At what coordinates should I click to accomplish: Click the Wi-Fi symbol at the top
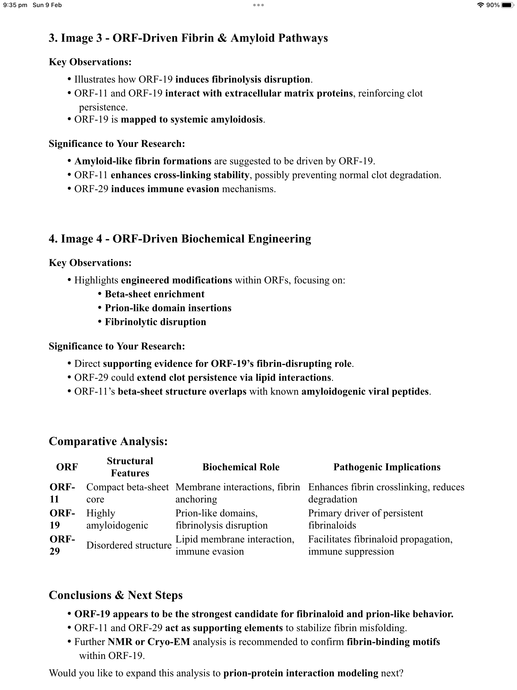click(480, 5)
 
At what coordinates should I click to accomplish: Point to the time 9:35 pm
click(15, 5)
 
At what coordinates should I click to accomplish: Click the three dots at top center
click(258, 5)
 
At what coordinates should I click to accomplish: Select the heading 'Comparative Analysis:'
click(108, 441)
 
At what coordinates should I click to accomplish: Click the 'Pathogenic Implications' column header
click(387, 467)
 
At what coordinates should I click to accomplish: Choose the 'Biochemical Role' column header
click(241, 467)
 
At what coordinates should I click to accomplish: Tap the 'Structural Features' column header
click(130, 467)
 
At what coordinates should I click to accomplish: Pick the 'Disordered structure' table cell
click(129, 545)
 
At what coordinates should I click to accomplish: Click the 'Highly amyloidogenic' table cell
click(117, 519)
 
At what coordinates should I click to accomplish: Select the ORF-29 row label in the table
click(62, 545)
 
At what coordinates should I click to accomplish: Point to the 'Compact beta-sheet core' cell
click(127, 493)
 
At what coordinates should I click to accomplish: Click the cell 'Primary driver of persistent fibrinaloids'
click(366, 519)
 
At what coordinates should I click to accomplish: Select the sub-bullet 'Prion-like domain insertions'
click(168, 308)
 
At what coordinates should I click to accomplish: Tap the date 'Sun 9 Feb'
click(47, 5)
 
